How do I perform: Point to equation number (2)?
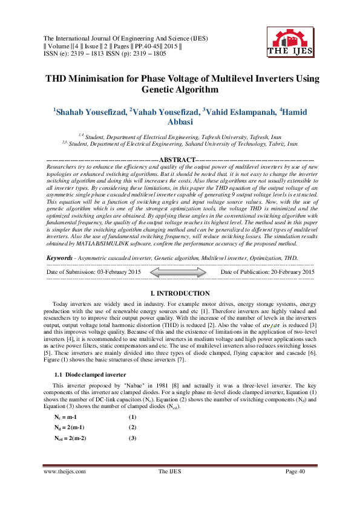[x=132, y=427]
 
